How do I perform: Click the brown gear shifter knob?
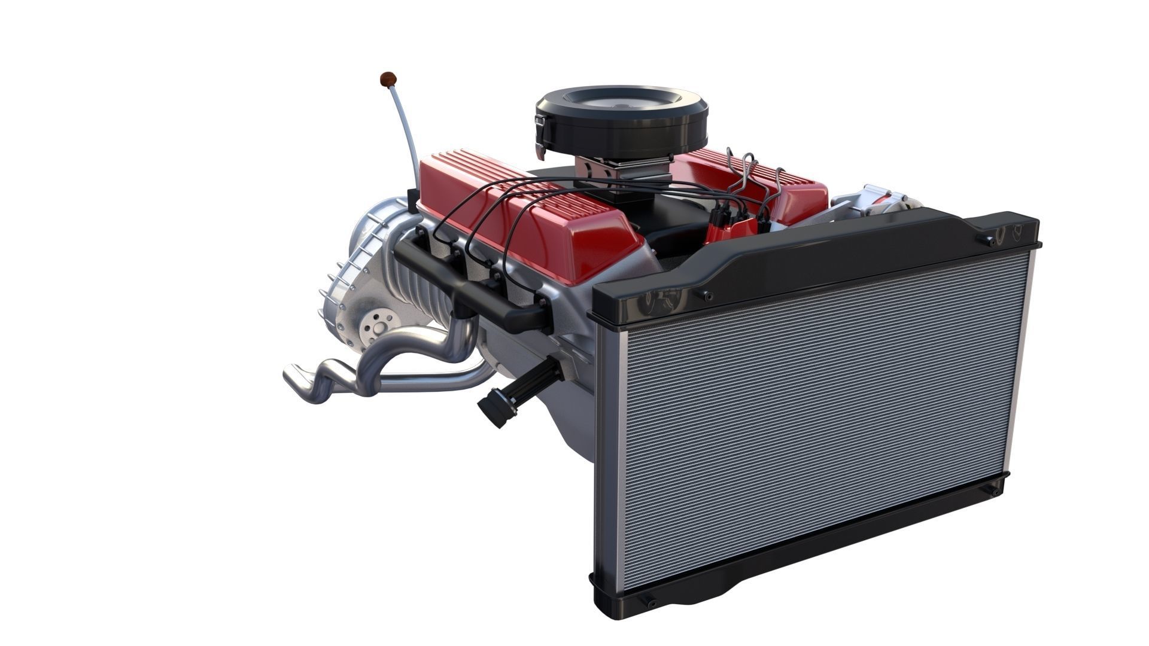(388, 78)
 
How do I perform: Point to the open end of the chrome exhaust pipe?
(293, 376)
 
